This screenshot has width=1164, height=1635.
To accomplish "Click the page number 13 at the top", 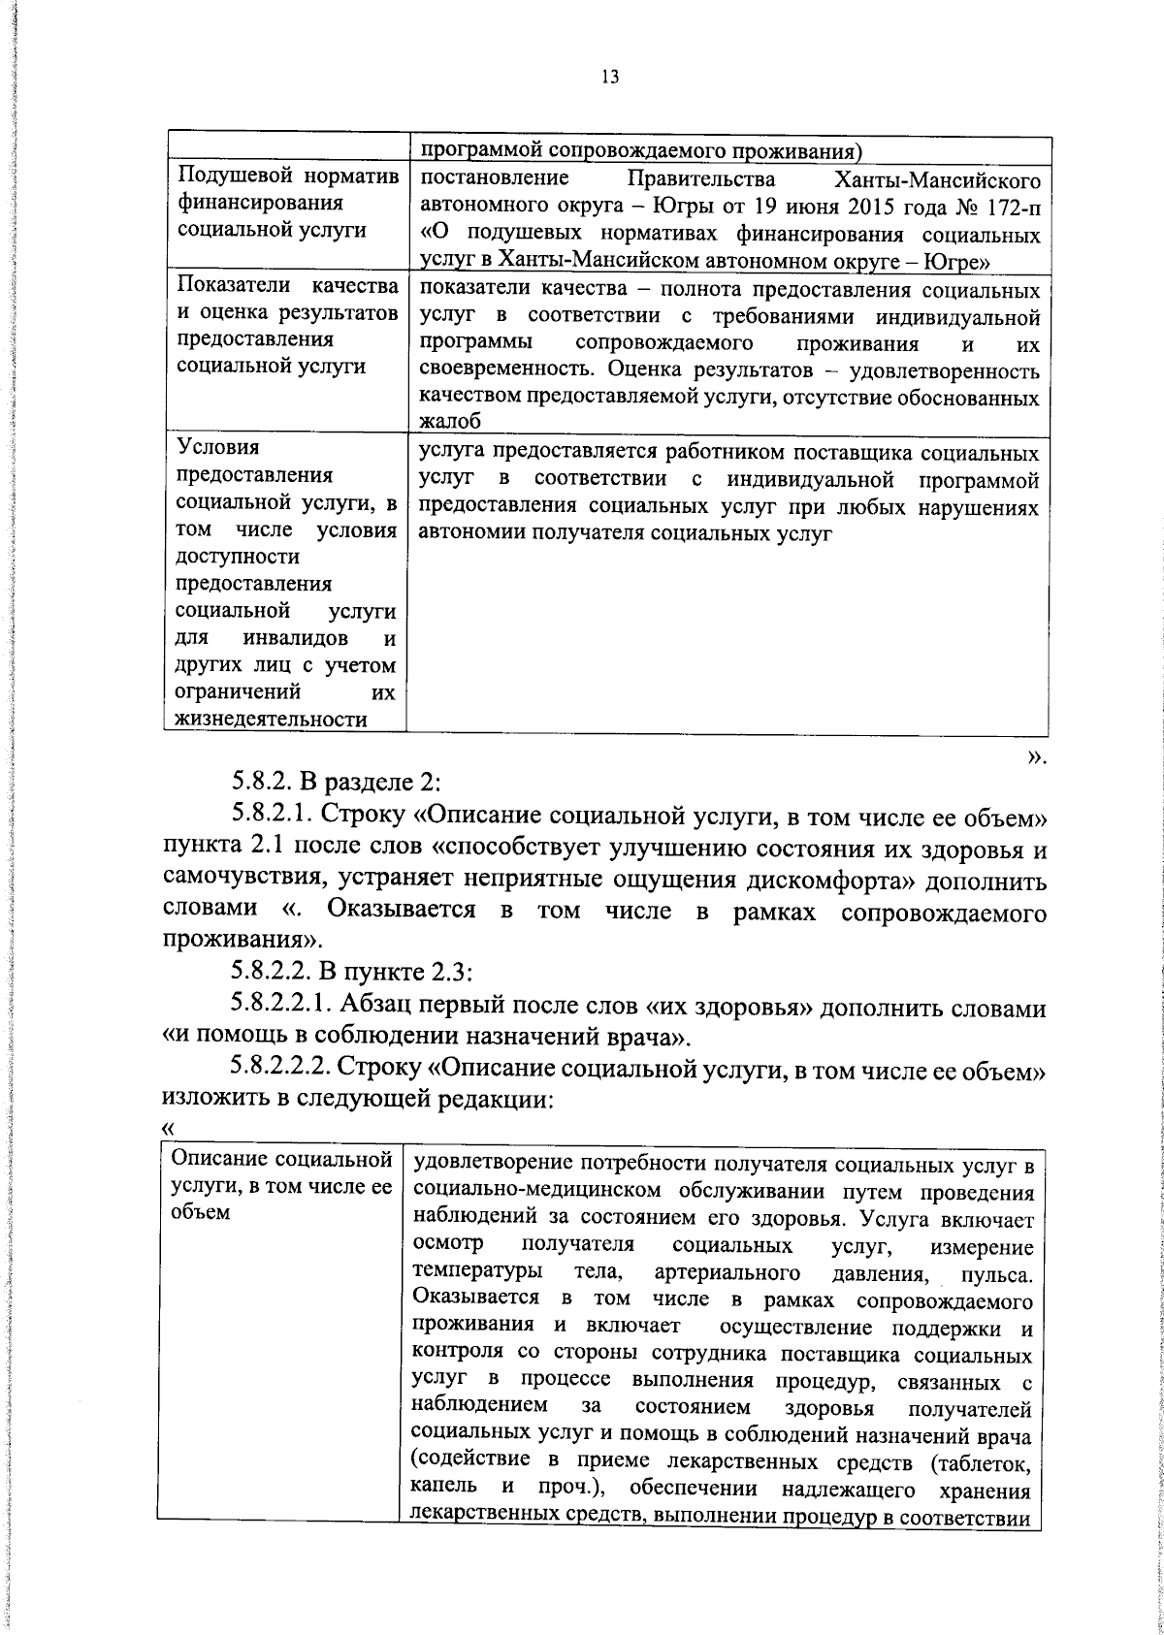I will tap(610, 79).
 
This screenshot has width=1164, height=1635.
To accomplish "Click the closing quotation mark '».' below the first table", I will tap(1036, 756).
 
